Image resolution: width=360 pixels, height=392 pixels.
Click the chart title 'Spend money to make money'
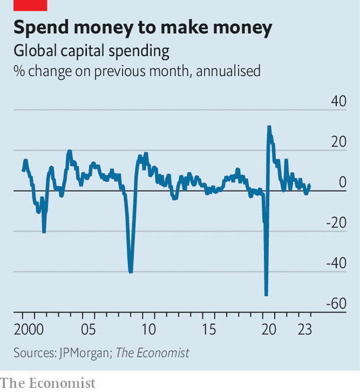pyautogui.click(x=143, y=28)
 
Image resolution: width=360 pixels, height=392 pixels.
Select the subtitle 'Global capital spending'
pyautogui.click(x=91, y=51)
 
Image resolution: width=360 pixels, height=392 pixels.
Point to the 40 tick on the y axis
pyautogui.click(x=338, y=101)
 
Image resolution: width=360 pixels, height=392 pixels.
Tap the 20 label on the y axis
pyautogui.click(x=338, y=142)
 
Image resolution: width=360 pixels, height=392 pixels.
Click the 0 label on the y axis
pyautogui.click(x=342, y=182)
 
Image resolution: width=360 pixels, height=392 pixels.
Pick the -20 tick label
pyautogui.click(x=336, y=223)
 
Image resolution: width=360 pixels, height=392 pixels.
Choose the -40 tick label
pyautogui.click(x=336, y=263)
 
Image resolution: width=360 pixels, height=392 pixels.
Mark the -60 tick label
pyautogui.click(x=336, y=304)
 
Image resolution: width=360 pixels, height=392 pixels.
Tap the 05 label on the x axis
pyautogui.click(x=88, y=330)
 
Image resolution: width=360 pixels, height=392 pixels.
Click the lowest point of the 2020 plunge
pyautogui.click(x=266, y=294)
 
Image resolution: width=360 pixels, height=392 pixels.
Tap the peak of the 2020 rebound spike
pyautogui.click(x=269, y=127)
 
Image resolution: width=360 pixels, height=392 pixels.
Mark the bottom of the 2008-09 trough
pyautogui.click(x=130, y=271)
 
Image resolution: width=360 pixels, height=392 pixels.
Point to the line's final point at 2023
pyautogui.click(x=309, y=185)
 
